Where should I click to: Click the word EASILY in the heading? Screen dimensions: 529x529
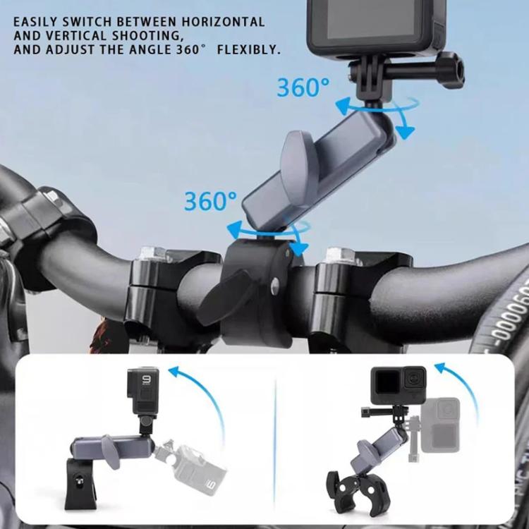click(35, 22)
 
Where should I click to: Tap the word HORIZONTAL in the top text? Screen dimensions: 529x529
click(227, 22)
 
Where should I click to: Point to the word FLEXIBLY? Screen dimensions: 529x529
click(250, 50)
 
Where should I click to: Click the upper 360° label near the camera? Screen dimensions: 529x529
click(303, 87)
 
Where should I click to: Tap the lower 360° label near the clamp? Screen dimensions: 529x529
click(210, 202)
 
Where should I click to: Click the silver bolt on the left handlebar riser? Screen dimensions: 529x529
click(153, 253)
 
